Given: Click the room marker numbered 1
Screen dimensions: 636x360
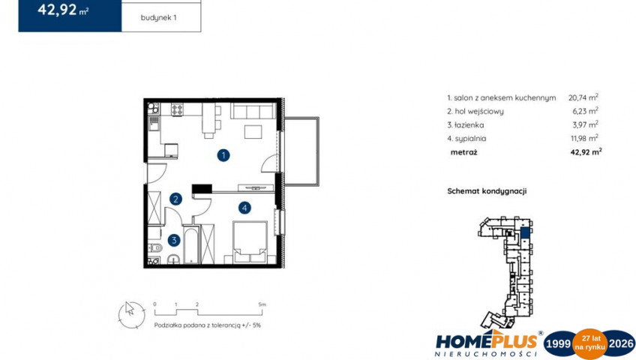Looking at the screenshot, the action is point(223,155).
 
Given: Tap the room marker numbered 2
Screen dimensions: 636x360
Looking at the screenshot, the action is point(175,199).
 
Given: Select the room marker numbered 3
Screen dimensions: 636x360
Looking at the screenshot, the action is point(174,240).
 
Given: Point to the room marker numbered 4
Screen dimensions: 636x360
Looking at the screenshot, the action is point(244,208).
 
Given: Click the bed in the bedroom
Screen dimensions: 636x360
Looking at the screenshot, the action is point(250,242).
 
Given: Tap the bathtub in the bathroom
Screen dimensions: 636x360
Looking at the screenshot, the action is point(191,244).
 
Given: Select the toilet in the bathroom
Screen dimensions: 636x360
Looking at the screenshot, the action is point(155,247).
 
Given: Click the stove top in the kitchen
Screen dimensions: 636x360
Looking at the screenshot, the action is point(177,109).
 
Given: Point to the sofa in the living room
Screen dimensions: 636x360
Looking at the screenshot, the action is point(253,111).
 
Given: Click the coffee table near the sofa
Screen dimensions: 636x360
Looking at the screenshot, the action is point(253,132).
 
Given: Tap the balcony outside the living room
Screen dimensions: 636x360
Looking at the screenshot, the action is point(301,151).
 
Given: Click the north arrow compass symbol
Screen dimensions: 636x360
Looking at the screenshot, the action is point(131,315).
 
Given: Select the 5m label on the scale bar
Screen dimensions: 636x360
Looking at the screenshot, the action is point(262,304).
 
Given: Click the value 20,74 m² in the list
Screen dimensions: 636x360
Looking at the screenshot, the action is point(583,97).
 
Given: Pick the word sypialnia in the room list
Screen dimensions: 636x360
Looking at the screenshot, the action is point(470,139).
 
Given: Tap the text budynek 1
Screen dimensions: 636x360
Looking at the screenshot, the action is point(158,18).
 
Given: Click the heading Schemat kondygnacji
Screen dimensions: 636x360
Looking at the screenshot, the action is point(487,191).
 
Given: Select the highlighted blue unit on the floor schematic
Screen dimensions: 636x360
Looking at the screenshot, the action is point(525,232).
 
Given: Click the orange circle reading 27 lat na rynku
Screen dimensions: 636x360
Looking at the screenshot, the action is point(589,343).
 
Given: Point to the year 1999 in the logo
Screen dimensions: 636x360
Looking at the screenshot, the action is point(558,343).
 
